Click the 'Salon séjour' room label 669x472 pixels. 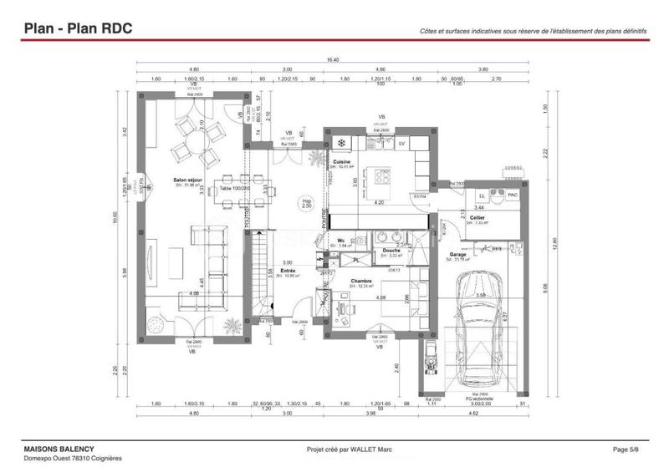(187, 180)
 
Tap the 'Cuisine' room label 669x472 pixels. (341, 161)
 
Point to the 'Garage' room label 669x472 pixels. (458, 254)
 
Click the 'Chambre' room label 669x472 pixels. (361, 282)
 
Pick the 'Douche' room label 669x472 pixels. (391, 250)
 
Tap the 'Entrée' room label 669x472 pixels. (288, 271)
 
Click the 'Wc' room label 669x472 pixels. (342, 241)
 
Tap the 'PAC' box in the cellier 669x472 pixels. (513, 195)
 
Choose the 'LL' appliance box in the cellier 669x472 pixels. (482, 195)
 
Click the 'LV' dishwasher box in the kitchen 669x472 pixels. (401, 144)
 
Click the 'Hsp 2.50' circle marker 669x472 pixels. (307, 203)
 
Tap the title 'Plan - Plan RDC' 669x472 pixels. (78, 28)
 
